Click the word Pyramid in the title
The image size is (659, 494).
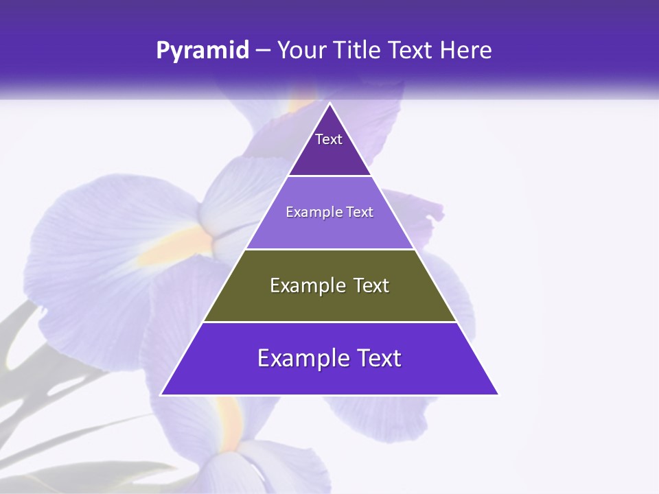coord(203,51)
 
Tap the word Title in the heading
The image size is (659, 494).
coord(359,51)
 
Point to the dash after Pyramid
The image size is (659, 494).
coord(263,51)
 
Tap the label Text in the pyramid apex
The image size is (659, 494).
coord(329,139)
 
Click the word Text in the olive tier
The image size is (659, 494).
coord(371,285)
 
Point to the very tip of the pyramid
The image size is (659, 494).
coord(329,104)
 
